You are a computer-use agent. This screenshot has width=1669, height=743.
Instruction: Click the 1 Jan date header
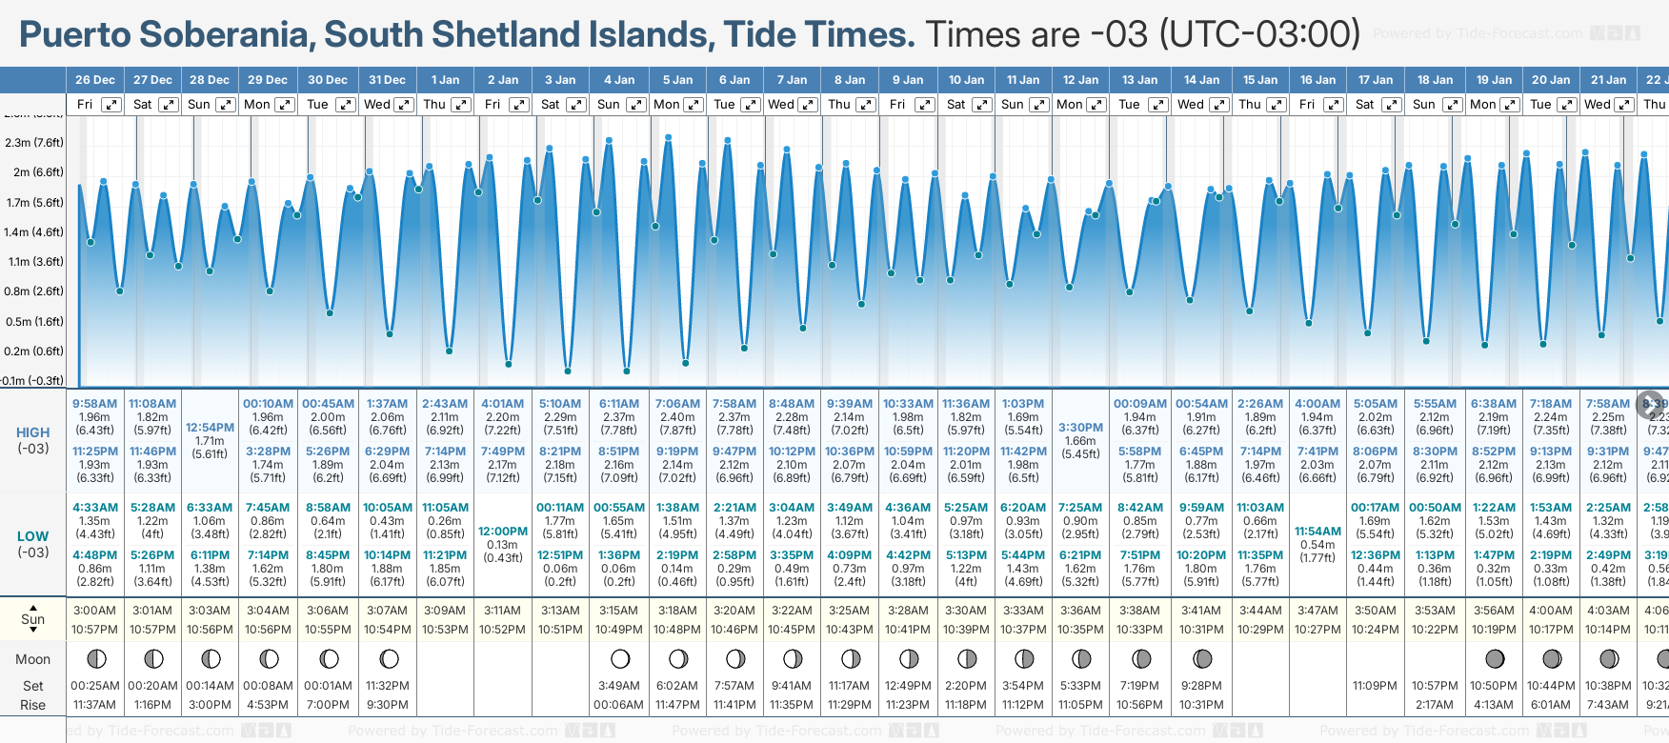tap(445, 80)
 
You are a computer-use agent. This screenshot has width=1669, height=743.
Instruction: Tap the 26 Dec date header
tap(94, 80)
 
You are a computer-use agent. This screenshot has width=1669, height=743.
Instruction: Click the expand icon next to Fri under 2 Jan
tap(518, 105)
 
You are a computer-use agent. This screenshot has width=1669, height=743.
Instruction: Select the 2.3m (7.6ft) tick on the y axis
tap(34, 143)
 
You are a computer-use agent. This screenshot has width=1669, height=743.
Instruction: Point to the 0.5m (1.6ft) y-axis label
tap(34, 322)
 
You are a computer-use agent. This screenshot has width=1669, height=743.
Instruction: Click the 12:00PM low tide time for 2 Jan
tap(502, 532)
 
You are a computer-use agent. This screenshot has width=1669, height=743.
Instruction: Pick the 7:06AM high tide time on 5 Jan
tap(677, 404)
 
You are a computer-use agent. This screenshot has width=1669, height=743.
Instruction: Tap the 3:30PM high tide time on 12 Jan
tap(1080, 428)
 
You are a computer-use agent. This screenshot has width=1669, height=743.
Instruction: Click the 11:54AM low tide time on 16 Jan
tap(1317, 532)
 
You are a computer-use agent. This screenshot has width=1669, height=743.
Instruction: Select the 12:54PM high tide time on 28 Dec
tap(210, 428)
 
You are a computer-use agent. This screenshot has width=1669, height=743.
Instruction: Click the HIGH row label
tap(33, 432)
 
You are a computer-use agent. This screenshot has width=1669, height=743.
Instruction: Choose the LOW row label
tap(33, 536)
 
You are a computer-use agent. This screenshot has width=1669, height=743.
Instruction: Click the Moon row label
tap(33, 659)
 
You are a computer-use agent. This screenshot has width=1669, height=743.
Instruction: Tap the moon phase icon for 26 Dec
tap(95, 658)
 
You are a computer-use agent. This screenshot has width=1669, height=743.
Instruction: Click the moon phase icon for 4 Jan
tap(620, 658)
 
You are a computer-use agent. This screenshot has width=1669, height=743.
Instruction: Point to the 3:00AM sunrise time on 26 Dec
tap(94, 611)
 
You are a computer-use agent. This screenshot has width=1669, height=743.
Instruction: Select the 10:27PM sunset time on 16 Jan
tap(1317, 630)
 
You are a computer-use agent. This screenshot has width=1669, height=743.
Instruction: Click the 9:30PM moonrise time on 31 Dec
tap(387, 705)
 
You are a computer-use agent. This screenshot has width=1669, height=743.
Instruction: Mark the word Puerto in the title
tap(75, 35)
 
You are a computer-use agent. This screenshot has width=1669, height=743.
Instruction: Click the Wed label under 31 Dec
tap(377, 105)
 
